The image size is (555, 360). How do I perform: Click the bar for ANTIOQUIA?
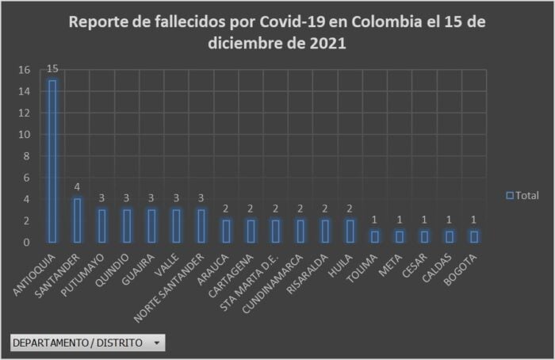pyautogui.click(x=52, y=161)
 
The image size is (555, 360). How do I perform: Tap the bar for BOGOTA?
pyautogui.click(x=473, y=236)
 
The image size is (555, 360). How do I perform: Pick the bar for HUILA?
pyautogui.click(x=350, y=231)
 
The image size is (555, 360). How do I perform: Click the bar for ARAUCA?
pyautogui.click(x=226, y=231)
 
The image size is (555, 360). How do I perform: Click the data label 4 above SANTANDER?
pyautogui.click(x=78, y=187)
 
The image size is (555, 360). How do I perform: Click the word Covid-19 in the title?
pyautogui.click(x=293, y=21)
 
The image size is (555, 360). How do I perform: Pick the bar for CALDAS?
pyautogui.click(x=449, y=236)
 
